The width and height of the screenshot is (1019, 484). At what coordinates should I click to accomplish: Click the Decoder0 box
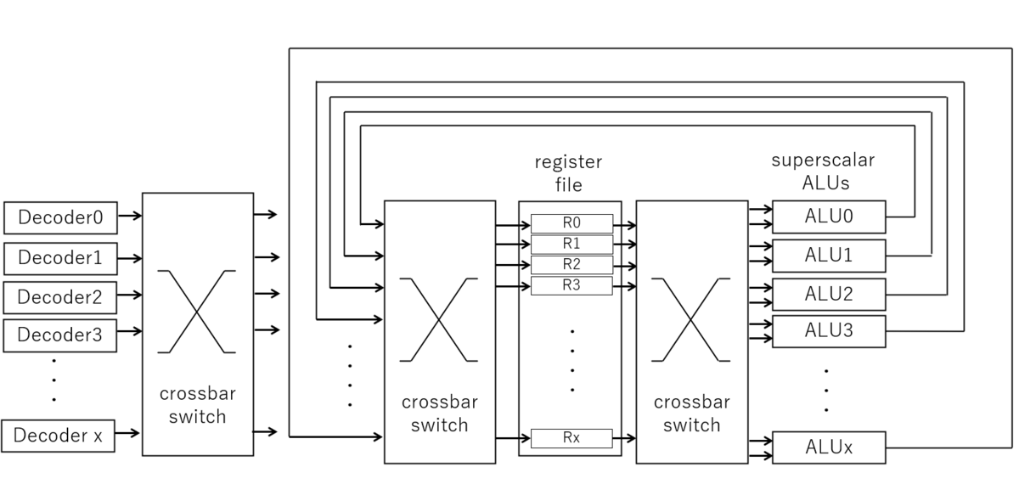click(x=60, y=217)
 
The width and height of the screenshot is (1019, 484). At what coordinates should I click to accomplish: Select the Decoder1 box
click(x=60, y=257)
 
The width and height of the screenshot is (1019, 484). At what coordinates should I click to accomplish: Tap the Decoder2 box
click(x=60, y=297)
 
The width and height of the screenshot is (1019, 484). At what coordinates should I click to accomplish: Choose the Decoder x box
click(x=59, y=436)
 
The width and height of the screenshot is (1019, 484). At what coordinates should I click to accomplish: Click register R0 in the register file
click(x=571, y=223)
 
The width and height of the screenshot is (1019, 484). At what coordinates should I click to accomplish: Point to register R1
click(x=571, y=245)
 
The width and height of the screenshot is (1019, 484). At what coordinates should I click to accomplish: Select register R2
click(x=571, y=264)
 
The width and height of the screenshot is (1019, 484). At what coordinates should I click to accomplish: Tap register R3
click(x=571, y=285)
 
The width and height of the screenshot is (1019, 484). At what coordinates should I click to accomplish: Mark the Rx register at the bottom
click(x=571, y=438)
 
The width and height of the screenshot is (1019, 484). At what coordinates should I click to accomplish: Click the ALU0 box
click(x=828, y=217)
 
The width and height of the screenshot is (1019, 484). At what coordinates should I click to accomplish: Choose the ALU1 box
click(x=828, y=256)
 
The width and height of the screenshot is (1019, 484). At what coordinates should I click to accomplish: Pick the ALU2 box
click(x=828, y=294)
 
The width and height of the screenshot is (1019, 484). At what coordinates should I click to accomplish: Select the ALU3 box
click(x=828, y=331)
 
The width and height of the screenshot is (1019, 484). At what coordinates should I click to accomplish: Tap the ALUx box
click(x=828, y=447)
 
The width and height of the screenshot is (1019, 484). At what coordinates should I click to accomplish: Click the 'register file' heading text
click(x=568, y=172)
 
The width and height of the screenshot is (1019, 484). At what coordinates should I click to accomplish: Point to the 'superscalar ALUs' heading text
click(x=822, y=171)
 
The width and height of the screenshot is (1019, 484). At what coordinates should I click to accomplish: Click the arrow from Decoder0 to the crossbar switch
click(x=129, y=216)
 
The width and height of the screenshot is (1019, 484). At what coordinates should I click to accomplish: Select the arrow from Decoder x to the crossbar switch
click(x=128, y=433)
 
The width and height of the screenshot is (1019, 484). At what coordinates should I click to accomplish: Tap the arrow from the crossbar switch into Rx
click(x=513, y=438)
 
